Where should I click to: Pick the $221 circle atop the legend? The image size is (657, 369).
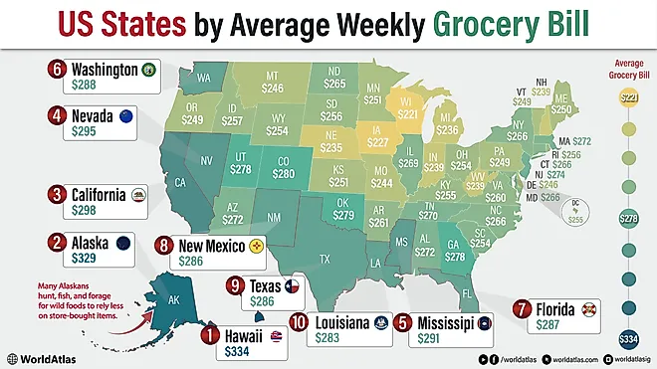[628, 97]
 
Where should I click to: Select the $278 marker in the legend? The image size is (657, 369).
[628, 217]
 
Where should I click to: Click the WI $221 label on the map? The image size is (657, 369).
[409, 107]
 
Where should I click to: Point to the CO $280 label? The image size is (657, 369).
[285, 167]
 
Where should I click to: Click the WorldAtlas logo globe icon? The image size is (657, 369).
[13, 356]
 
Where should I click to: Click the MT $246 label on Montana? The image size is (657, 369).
[272, 82]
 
